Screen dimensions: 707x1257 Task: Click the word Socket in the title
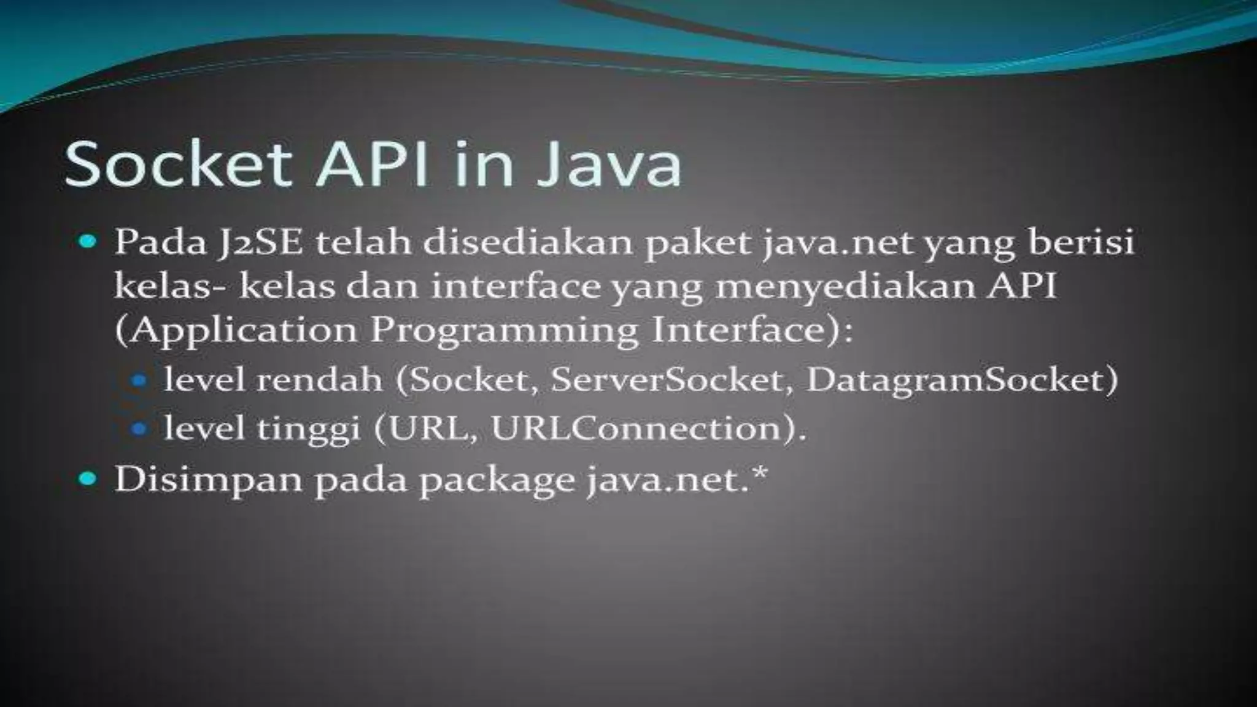coord(178,164)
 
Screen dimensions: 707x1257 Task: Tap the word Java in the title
coord(608,164)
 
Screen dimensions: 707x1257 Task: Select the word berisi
coord(1080,243)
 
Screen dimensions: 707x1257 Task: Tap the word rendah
coord(319,380)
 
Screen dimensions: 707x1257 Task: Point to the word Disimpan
coord(209,479)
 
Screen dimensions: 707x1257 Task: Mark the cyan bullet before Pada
coord(88,241)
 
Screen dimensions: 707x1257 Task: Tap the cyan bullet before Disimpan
coord(88,478)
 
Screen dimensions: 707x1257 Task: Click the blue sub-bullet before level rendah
coord(140,381)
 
